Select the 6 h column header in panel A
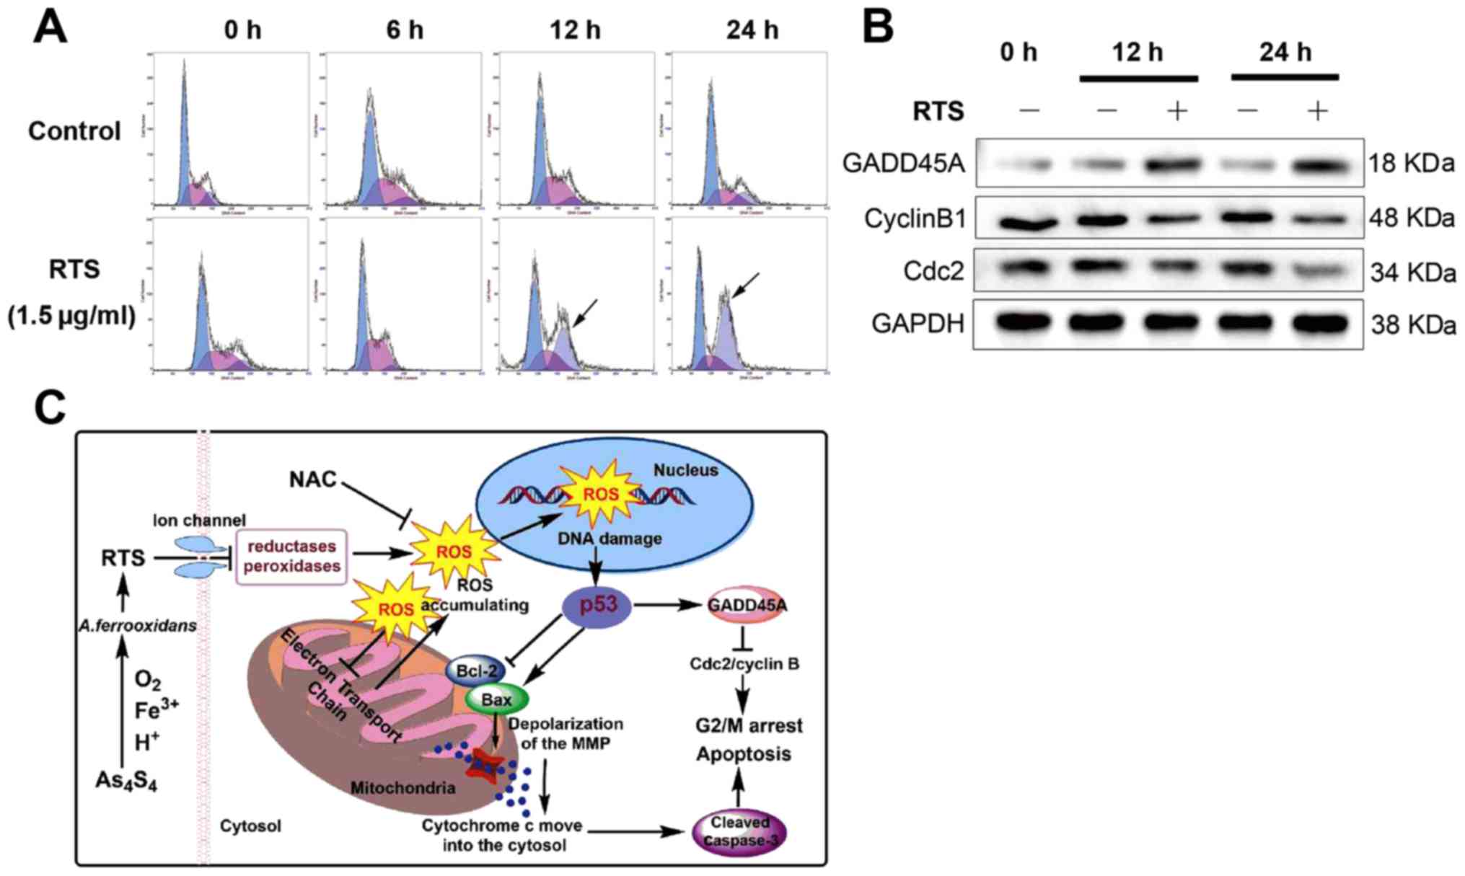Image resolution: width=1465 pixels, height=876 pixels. click(404, 30)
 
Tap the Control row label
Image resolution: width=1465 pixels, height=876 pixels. click(74, 131)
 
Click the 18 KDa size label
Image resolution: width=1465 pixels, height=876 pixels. click(1412, 164)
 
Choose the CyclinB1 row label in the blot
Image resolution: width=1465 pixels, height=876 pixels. click(915, 218)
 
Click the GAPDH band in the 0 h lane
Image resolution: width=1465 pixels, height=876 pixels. click(1029, 324)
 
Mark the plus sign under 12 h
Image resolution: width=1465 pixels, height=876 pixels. click(1176, 111)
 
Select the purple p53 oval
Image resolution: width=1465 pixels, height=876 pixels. click(597, 606)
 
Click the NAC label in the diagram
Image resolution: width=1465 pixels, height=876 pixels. click(313, 479)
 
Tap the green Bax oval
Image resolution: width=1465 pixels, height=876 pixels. click(497, 699)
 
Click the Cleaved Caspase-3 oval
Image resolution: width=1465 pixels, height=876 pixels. click(739, 832)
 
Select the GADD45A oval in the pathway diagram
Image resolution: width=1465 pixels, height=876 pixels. click(746, 606)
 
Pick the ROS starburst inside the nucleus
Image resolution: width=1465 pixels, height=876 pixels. click(600, 494)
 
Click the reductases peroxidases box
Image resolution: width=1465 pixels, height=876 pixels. click(291, 557)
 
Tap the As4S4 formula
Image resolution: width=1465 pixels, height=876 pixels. click(126, 781)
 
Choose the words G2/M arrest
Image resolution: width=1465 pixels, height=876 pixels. click(749, 725)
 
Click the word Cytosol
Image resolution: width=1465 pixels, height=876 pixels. click(250, 826)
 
